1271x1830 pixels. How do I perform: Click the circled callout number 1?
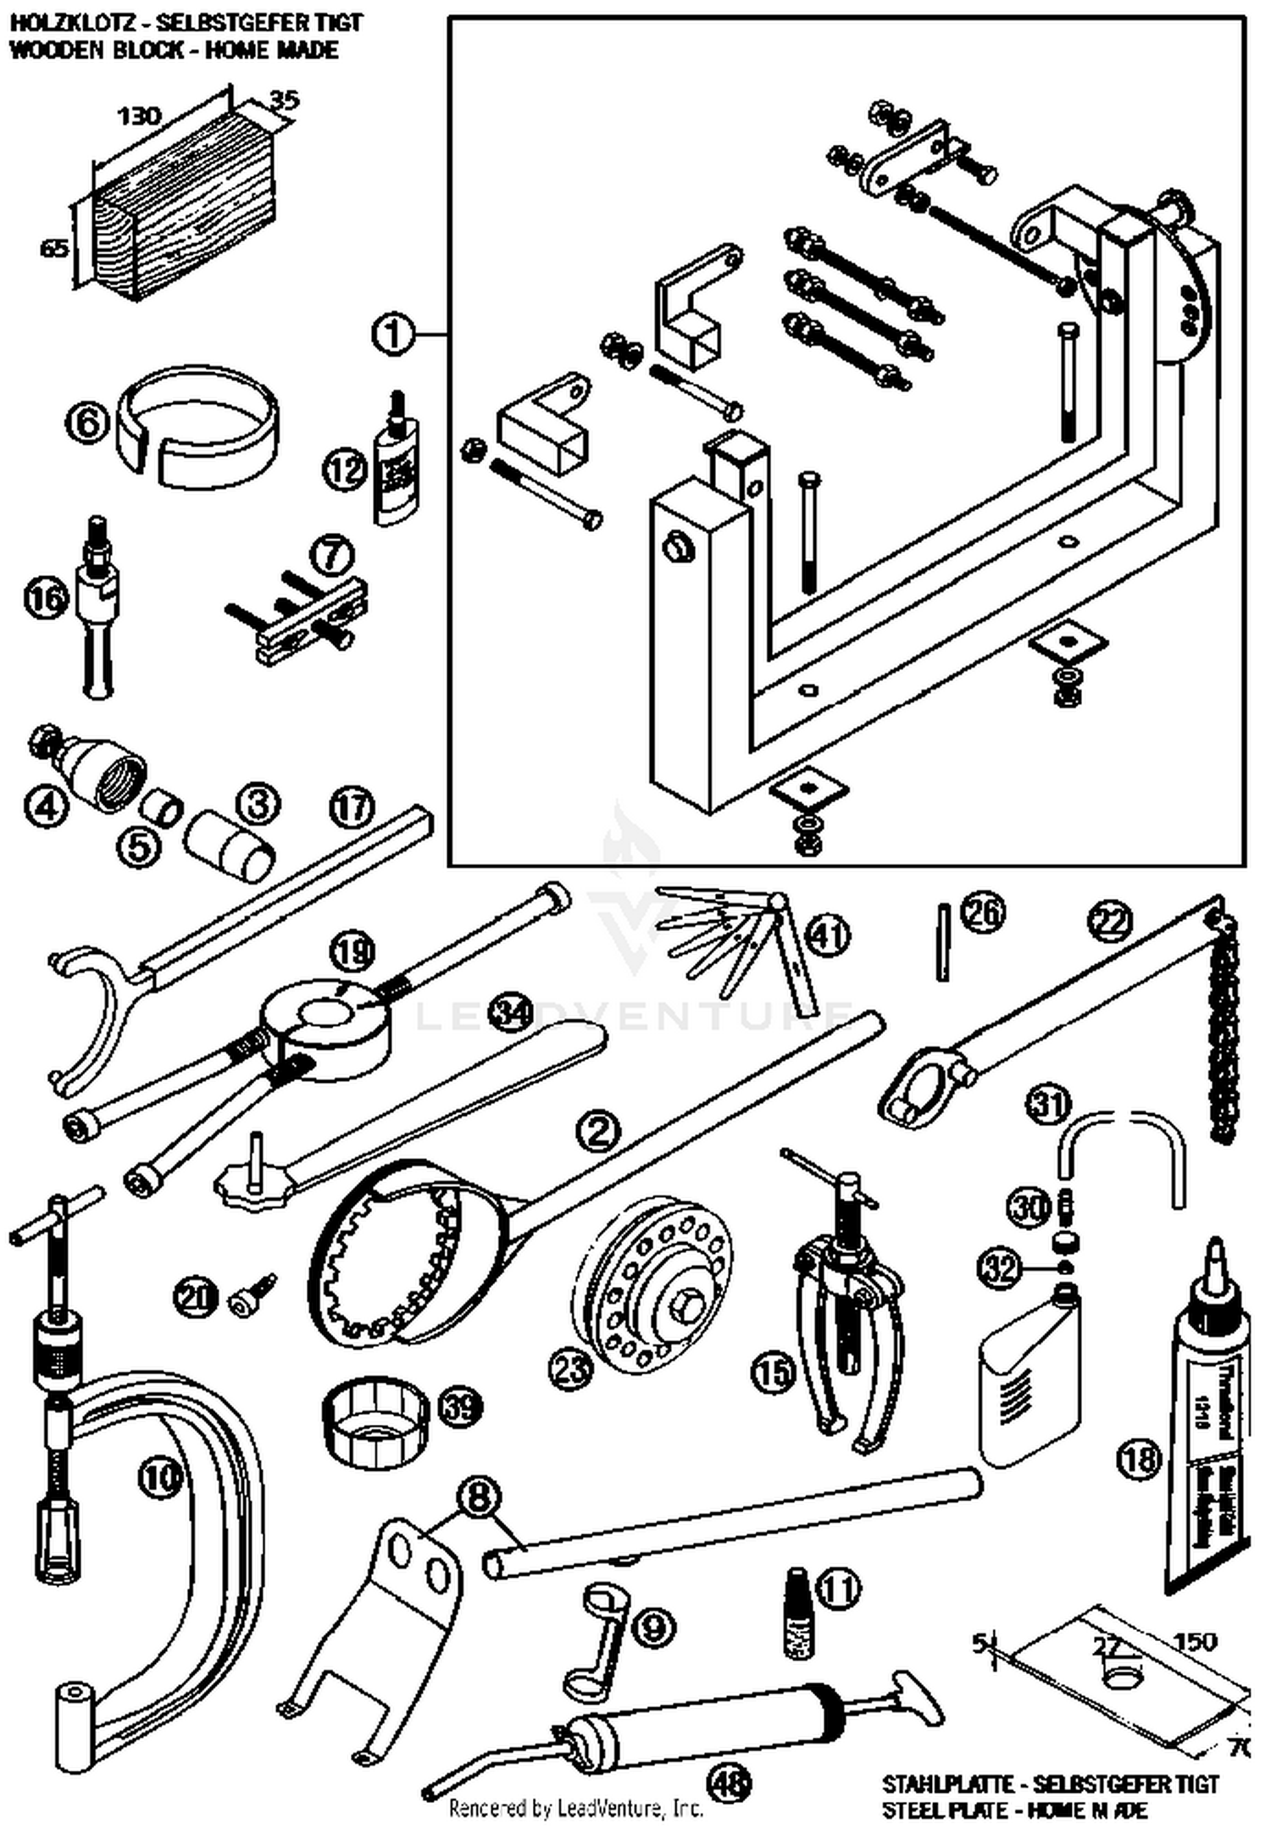pos(392,334)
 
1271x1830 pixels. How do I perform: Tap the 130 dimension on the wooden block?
pos(138,115)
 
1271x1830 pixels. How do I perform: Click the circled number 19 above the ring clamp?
pos(352,951)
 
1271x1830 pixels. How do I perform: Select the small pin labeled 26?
pos(943,942)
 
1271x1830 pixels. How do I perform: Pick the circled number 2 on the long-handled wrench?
pos(598,1130)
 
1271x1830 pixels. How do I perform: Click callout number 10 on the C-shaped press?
pos(162,1477)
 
